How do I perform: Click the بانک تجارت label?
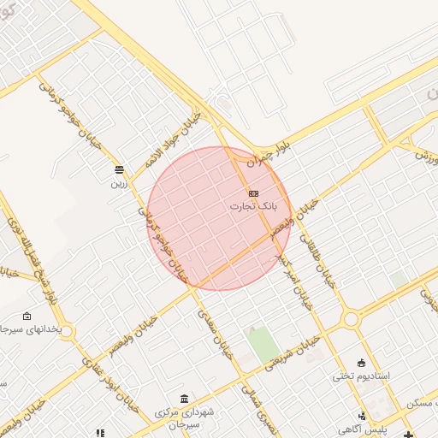pos(254,206)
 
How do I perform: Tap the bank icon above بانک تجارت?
pos(254,193)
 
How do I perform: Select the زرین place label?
pos(118,181)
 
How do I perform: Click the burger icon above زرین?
pos(118,169)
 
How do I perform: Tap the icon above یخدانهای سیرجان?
pos(27,316)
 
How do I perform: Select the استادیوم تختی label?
pos(361,376)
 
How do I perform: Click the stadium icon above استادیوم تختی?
pos(361,363)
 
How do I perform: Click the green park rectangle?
pos(262,343)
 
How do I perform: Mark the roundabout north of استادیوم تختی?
pos(351,320)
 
